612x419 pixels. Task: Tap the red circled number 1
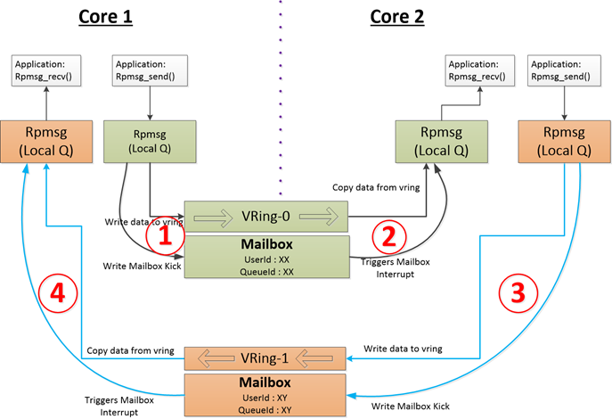coord(165,237)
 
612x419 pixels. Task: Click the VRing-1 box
coord(265,359)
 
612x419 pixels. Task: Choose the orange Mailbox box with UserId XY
coord(265,393)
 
